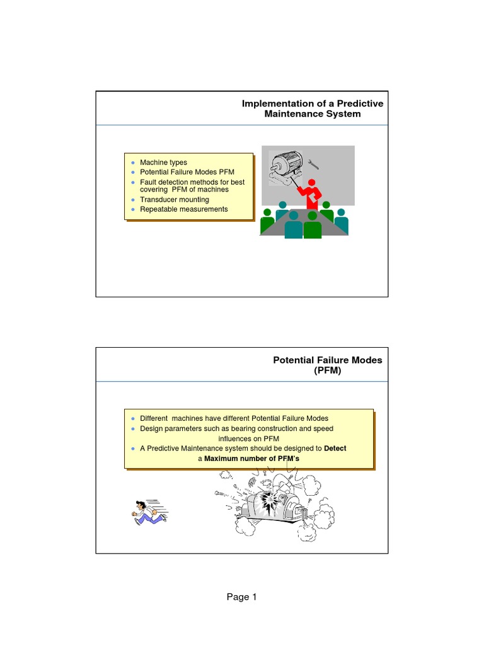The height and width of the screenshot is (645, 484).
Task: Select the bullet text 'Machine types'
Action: [x=163, y=163]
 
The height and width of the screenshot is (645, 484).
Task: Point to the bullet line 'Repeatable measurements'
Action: [x=183, y=209]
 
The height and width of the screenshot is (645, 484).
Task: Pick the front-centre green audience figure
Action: [x=313, y=225]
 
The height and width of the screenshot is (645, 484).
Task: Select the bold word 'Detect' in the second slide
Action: [x=335, y=448]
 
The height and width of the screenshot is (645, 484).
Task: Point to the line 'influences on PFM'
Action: [x=248, y=438]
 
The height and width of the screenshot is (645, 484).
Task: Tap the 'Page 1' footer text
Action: [x=242, y=598]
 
